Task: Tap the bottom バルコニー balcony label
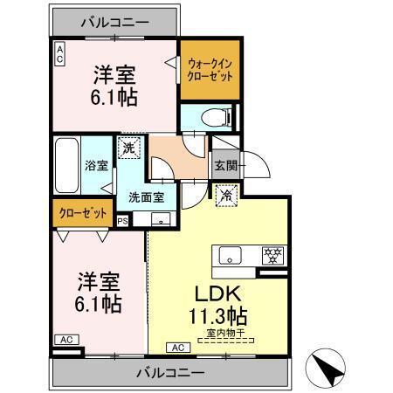(x=169, y=374)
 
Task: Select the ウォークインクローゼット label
(x=210, y=69)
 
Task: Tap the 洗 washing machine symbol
(x=128, y=149)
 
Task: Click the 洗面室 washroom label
(x=147, y=196)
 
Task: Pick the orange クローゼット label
(x=84, y=213)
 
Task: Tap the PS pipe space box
(x=122, y=221)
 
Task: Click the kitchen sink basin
(x=231, y=256)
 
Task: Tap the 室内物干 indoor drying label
(x=224, y=333)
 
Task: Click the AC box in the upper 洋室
(x=60, y=54)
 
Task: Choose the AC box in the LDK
(x=177, y=348)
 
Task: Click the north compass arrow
(x=329, y=365)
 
